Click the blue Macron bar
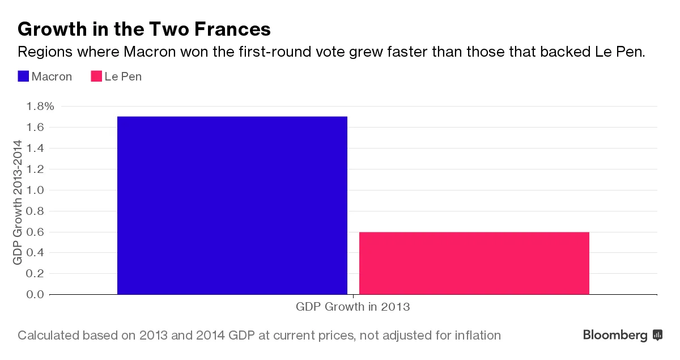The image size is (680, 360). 232,205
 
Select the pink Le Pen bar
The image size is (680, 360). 474,263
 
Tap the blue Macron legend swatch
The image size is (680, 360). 23,77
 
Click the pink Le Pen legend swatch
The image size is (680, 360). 96,77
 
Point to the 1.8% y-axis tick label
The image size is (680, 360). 40,106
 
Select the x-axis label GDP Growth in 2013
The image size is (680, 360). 352,307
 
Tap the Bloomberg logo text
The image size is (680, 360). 615,335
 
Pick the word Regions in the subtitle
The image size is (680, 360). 41,53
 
